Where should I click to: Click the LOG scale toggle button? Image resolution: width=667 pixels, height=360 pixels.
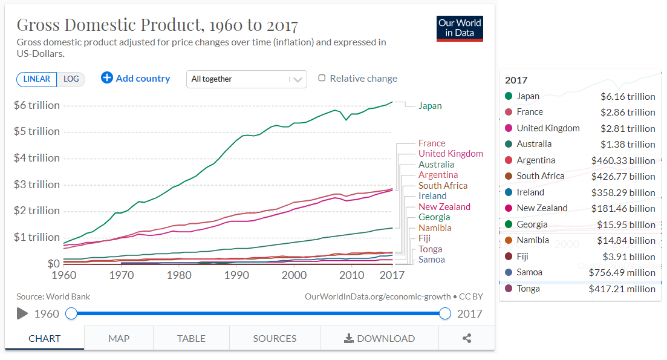click(x=71, y=79)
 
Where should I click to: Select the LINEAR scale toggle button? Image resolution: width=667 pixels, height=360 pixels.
click(x=37, y=79)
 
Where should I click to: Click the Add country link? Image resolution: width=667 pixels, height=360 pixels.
click(x=135, y=78)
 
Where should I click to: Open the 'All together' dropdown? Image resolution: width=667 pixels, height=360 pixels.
click(x=246, y=79)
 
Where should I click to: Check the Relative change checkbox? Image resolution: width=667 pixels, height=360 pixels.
click(x=322, y=78)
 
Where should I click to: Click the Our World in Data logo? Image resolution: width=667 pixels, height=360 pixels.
click(x=460, y=28)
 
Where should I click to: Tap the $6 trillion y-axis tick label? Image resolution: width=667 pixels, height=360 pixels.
click(x=37, y=105)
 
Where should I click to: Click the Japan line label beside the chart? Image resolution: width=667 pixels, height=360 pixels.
click(x=430, y=106)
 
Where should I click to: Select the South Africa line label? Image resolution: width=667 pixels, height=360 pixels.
click(x=443, y=186)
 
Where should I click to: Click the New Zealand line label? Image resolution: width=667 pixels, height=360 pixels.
click(x=444, y=207)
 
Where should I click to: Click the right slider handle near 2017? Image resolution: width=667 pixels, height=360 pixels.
click(x=446, y=313)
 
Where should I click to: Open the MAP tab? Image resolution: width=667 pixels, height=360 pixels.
click(x=119, y=338)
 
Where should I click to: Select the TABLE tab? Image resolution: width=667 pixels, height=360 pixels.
click(x=191, y=338)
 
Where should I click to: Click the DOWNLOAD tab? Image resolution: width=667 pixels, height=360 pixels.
click(x=379, y=338)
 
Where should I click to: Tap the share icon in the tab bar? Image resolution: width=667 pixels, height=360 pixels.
click(x=467, y=338)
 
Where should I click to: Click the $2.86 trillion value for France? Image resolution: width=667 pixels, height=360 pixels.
click(x=628, y=113)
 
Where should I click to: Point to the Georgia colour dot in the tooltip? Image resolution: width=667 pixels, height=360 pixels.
click(x=508, y=224)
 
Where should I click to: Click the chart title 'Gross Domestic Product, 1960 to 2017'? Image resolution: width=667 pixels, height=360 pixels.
click(x=157, y=25)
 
